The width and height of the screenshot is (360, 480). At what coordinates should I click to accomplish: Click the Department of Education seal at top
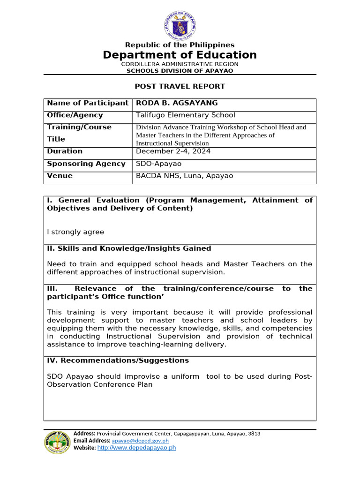pos(180,24)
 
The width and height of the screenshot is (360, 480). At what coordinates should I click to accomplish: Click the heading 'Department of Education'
pos(180,55)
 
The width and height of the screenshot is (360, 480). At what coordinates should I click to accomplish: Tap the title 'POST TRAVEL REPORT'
pos(180,86)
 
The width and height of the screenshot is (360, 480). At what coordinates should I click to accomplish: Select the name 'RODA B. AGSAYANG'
pos(170,103)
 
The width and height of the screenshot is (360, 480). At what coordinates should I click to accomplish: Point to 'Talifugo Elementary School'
pos(186,115)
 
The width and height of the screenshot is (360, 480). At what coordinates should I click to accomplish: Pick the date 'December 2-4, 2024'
pos(173,151)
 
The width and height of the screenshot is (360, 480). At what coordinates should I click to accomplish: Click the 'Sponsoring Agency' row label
pos(86,164)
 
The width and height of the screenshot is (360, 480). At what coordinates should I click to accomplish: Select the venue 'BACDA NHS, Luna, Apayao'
pos(184,176)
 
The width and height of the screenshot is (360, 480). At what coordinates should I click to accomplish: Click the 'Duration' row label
pos(65,151)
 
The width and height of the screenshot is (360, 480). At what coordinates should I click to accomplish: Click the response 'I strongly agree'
pos(75,232)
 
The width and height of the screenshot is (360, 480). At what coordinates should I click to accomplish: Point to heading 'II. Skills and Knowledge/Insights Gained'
pos(129,248)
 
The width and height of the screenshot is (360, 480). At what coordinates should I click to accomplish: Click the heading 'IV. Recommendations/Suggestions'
pos(118,360)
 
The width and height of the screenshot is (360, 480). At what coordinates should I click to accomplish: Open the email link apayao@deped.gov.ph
pos(140,441)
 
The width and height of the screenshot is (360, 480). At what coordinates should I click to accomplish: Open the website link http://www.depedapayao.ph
pos(136,448)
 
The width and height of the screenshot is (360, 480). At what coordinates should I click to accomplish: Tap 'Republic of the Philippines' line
pos(180,45)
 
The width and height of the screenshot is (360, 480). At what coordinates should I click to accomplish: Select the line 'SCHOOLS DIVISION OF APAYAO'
pos(180,71)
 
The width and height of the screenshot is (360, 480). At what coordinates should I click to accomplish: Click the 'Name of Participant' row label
pos(88,103)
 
